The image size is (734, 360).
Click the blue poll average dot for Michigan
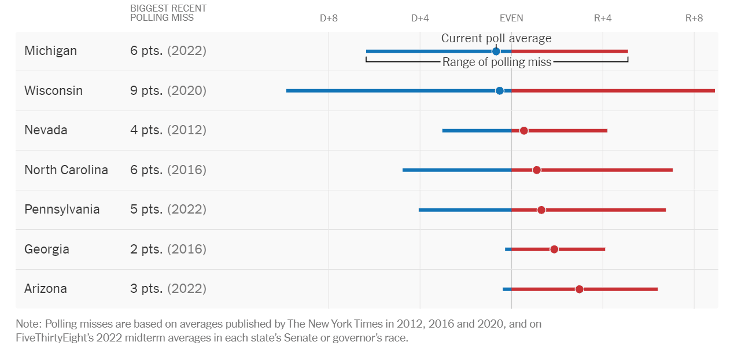click(x=496, y=52)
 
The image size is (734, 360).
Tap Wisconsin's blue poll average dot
click(x=500, y=91)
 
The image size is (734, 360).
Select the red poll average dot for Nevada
click(x=523, y=131)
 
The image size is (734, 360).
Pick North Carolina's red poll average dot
click(x=536, y=170)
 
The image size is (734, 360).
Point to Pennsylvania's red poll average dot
click(x=541, y=210)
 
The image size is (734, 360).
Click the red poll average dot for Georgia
click(x=554, y=249)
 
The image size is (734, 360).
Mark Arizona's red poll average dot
click(x=579, y=289)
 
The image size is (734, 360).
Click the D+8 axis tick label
click(x=329, y=18)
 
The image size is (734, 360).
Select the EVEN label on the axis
click(x=511, y=18)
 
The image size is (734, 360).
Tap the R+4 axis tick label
click(x=603, y=18)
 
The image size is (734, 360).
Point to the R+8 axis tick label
click(x=694, y=18)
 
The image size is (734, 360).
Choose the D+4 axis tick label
click(x=420, y=18)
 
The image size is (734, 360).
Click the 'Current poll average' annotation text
click(x=496, y=38)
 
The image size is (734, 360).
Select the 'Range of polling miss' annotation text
click(x=497, y=63)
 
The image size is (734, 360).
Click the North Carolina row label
click(x=66, y=170)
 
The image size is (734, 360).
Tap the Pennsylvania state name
click(x=62, y=210)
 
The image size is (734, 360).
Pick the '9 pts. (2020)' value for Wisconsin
click(x=168, y=91)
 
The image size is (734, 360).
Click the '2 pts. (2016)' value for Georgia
click(x=168, y=249)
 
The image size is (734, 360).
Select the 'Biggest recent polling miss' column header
click(x=168, y=13)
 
